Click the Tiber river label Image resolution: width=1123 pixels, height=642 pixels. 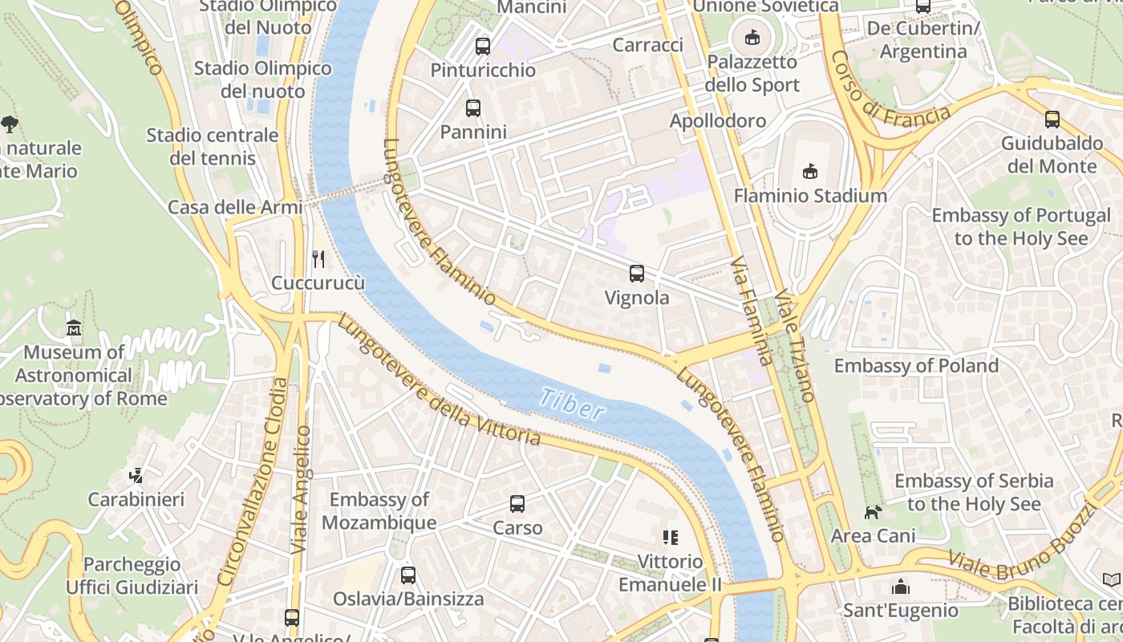[x=572, y=404]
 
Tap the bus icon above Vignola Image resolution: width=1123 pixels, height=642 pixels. [x=637, y=274]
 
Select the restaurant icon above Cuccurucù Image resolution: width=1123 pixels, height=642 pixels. [x=318, y=258]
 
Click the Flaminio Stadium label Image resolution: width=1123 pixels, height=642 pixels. [x=810, y=196]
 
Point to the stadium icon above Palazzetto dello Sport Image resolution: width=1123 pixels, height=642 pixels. [x=752, y=37]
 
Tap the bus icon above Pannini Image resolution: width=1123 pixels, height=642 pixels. [x=473, y=108]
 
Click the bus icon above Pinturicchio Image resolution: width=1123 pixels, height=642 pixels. [x=482, y=46]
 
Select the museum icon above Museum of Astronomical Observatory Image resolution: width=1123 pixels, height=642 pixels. [x=74, y=327]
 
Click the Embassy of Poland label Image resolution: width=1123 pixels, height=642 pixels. [x=916, y=366]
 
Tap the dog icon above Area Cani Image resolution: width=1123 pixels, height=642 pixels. [x=873, y=511]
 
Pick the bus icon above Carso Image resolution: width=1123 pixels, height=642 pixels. [x=517, y=504]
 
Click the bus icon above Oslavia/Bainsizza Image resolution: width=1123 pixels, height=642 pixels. [x=408, y=575]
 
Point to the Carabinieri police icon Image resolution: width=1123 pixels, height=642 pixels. [x=136, y=476]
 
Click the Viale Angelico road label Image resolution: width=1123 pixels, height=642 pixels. [x=301, y=490]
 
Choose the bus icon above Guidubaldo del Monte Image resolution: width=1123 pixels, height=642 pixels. [x=1052, y=120]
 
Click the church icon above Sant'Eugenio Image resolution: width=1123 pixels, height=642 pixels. [x=900, y=587]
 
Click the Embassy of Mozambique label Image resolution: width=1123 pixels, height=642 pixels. [x=379, y=511]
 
